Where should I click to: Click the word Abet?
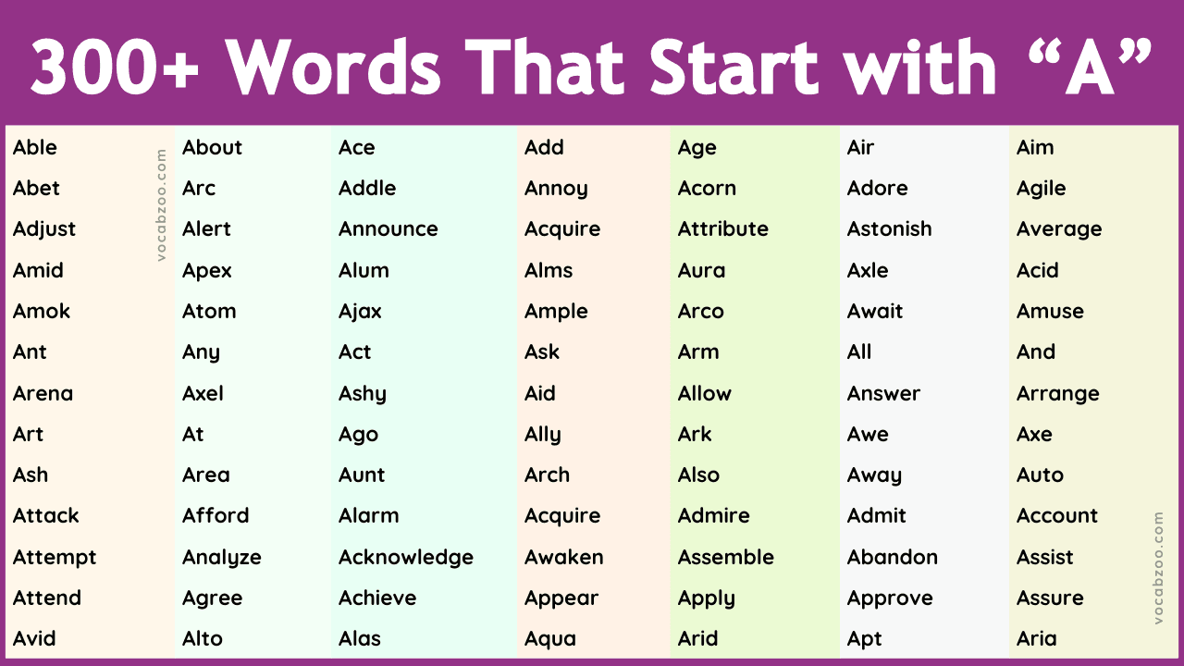(x=36, y=189)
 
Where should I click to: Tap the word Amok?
(x=42, y=312)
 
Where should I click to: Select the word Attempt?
(x=55, y=558)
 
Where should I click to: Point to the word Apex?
(x=207, y=271)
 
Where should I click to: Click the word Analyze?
(x=222, y=558)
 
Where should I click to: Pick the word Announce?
(x=388, y=229)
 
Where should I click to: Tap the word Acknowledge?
(x=406, y=558)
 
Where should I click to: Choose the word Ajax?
(x=360, y=312)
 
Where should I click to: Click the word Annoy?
(x=556, y=189)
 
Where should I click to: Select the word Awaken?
(x=564, y=558)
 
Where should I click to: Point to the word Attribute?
(x=723, y=229)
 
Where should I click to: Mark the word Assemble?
(x=726, y=558)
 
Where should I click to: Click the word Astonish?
(x=890, y=229)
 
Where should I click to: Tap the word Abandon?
(x=893, y=558)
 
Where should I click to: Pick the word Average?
(x=1059, y=229)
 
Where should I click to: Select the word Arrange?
(x=1058, y=394)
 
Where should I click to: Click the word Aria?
(x=1037, y=639)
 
